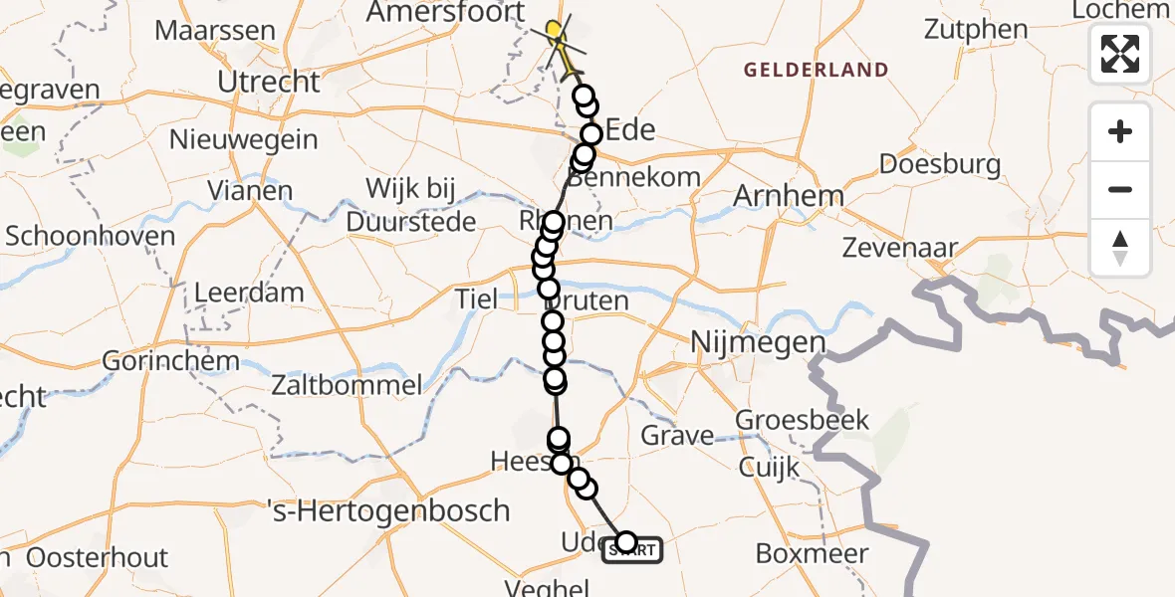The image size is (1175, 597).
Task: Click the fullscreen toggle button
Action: (1120, 53)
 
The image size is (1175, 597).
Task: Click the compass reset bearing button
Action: (1120, 248)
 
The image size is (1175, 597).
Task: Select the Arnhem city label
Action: (788, 196)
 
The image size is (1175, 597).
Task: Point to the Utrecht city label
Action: (268, 82)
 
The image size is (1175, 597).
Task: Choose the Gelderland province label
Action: (816, 70)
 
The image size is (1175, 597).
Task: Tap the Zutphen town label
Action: (975, 29)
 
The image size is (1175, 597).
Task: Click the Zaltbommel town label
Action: (350, 383)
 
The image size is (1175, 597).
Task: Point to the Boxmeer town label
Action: (812, 553)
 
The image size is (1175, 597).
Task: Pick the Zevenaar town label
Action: (900, 249)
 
